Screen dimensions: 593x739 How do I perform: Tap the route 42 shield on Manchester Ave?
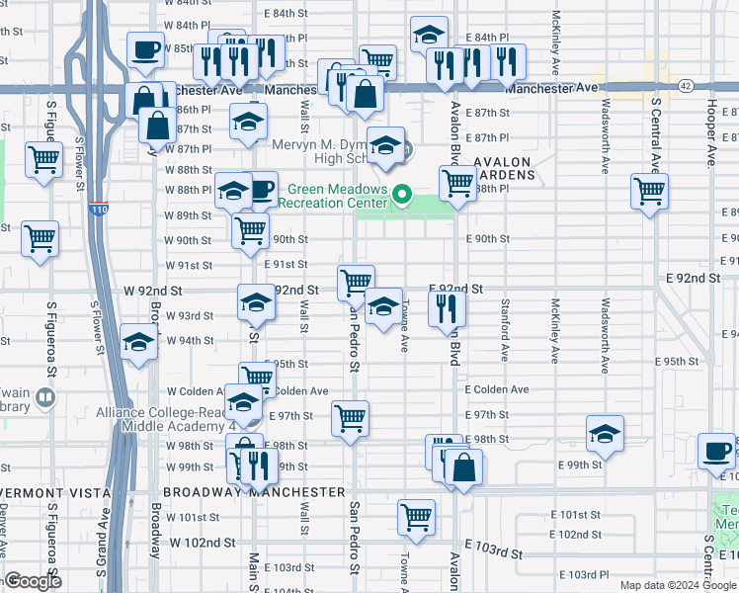[x=685, y=87]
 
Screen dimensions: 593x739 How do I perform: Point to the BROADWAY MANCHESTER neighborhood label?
[x=254, y=491]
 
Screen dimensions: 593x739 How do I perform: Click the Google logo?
[x=33, y=581]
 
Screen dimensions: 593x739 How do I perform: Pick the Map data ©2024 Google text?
[x=678, y=585]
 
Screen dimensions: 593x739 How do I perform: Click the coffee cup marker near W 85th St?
[x=145, y=49]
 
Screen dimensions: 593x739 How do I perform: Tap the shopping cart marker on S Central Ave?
[x=649, y=191]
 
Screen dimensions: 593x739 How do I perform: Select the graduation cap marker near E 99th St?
[x=606, y=434]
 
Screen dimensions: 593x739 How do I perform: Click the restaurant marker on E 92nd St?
[x=448, y=307]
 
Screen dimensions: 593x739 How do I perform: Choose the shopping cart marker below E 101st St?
[x=417, y=516]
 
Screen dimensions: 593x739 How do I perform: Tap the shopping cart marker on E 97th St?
[x=351, y=418]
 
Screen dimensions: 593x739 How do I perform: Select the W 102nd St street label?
[x=203, y=543]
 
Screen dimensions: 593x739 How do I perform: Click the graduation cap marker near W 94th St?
[x=139, y=342]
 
